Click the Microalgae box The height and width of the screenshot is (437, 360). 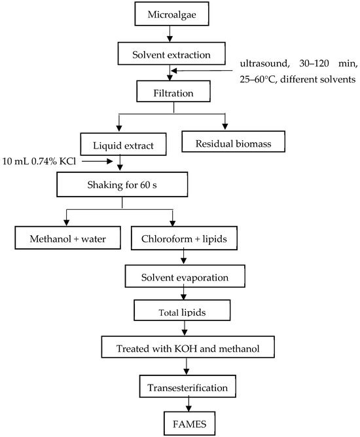(171, 14)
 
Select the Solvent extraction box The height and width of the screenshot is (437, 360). (171, 54)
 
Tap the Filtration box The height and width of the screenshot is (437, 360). (173, 92)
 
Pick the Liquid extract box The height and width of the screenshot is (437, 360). (123, 144)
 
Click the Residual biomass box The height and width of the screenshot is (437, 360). (233, 142)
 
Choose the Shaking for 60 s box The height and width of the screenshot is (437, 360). (122, 185)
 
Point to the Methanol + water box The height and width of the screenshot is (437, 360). (67, 238)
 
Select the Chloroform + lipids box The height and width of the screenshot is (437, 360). (184, 238)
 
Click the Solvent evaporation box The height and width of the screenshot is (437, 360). (185, 276)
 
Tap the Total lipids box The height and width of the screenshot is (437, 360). (182, 310)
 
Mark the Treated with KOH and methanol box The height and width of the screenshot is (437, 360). (188, 347)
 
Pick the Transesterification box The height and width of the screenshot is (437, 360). (188, 387)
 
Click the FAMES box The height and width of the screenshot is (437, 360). (190, 423)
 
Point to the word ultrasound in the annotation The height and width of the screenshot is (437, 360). (263, 64)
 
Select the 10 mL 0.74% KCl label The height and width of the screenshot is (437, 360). (39, 161)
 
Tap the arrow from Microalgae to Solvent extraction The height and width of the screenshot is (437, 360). (170, 33)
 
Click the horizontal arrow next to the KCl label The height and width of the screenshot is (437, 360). (97, 161)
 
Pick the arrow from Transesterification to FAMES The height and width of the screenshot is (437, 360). (189, 404)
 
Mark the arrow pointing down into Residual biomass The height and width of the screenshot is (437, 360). (225, 122)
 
